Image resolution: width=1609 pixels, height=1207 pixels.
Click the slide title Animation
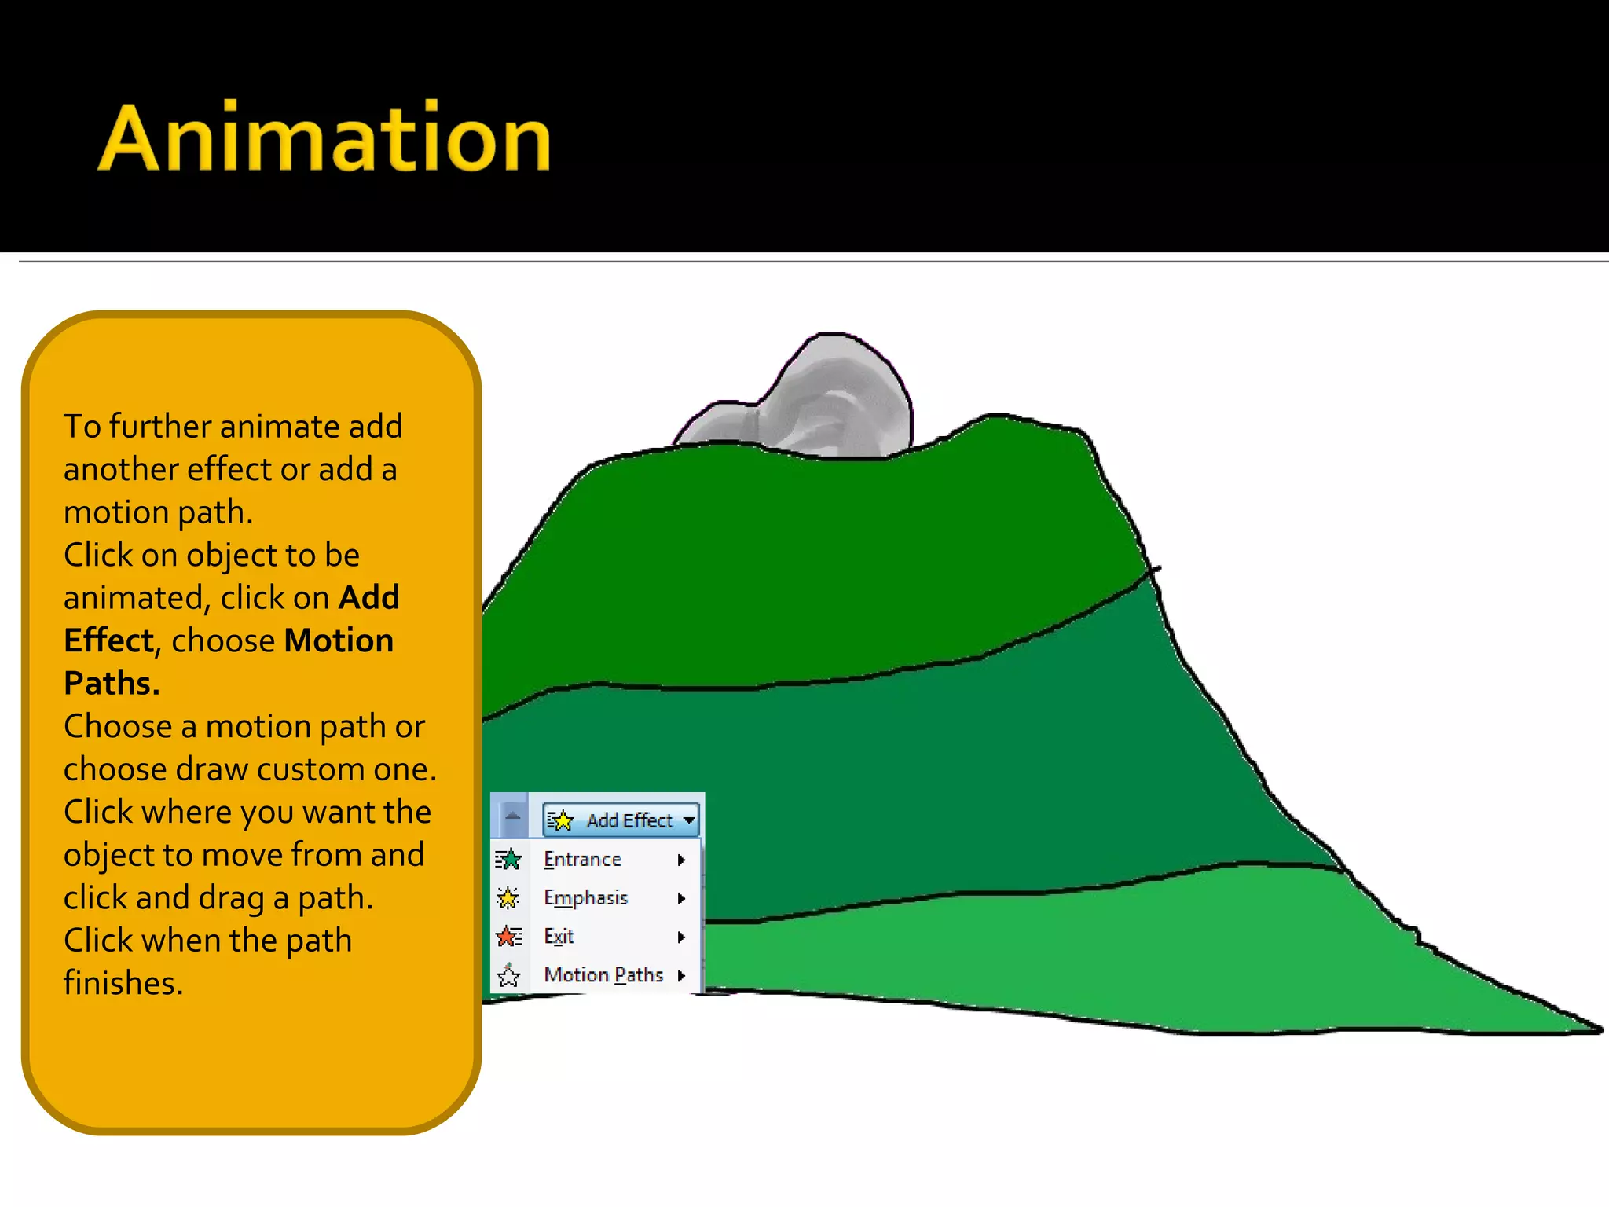[324, 139]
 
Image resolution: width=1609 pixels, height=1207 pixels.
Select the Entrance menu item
[582, 860]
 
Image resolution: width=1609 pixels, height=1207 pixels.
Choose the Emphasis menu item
[585, 898]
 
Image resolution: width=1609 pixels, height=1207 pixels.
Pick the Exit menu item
[559, 937]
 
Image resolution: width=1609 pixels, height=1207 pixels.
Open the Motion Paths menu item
[603, 975]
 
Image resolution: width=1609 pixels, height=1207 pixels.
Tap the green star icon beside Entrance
[509, 860]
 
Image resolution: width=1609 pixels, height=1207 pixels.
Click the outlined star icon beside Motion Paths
[509, 976]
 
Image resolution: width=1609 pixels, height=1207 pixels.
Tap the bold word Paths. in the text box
[112, 684]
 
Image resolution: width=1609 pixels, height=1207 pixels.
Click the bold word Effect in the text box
[108, 640]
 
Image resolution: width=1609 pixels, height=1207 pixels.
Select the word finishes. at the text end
[123, 983]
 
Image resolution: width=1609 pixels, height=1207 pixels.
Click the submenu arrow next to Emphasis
[681, 898]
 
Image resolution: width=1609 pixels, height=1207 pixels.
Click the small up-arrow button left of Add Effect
[512, 816]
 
